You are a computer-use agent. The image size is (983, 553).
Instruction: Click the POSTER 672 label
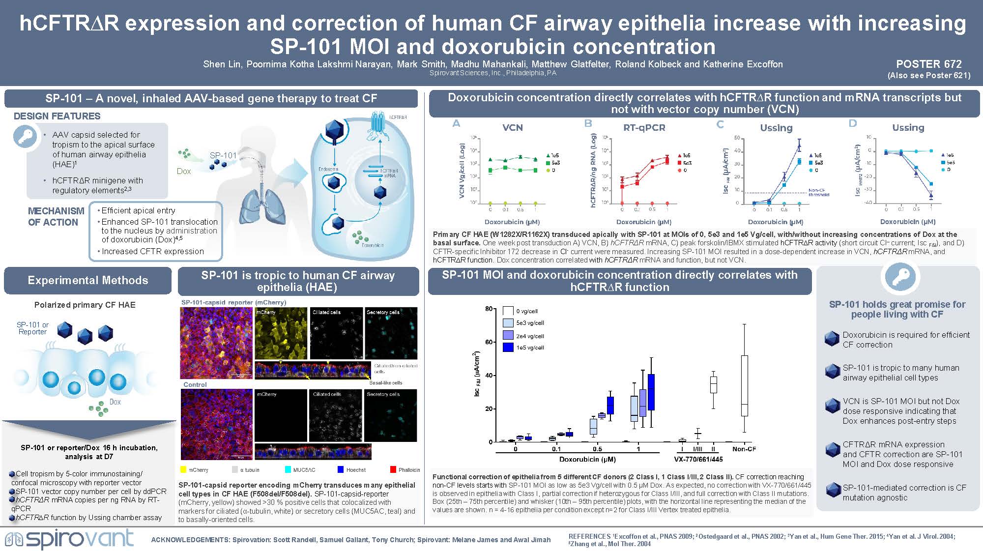pyautogui.click(x=928, y=64)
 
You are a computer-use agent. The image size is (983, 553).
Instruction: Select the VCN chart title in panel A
pyautogui.click(x=512, y=127)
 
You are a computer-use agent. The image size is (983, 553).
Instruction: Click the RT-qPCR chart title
pyautogui.click(x=644, y=127)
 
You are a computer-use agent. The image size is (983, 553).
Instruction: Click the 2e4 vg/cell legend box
pyautogui.click(x=508, y=335)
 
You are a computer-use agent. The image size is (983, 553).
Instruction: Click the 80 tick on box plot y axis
pyautogui.click(x=489, y=309)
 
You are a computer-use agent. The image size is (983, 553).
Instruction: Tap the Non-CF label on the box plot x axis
pyautogui.click(x=744, y=449)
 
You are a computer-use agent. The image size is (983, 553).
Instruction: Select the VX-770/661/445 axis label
pyautogui.click(x=698, y=459)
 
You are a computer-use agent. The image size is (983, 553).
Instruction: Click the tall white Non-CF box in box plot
pyautogui.click(x=745, y=386)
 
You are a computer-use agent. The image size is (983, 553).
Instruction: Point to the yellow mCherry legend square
pyautogui.click(x=183, y=470)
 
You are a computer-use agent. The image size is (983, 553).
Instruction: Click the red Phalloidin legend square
pyautogui.click(x=393, y=470)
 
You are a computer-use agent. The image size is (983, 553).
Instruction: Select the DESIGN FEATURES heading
pyautogui.click(x=57, y=116)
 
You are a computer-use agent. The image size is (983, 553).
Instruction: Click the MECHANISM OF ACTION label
pyautogui.click(x=56, y=217)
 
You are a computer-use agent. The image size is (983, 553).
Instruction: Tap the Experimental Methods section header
pyautogui.click(x=87, y=280)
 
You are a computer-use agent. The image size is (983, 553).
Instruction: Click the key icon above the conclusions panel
pyautogui.click(x=897, y=277)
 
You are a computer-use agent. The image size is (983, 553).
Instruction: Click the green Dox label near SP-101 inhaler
pyautogui.click(x=183, y=171)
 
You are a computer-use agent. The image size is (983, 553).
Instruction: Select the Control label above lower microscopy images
pyautogui.click(x=195, y=384)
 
